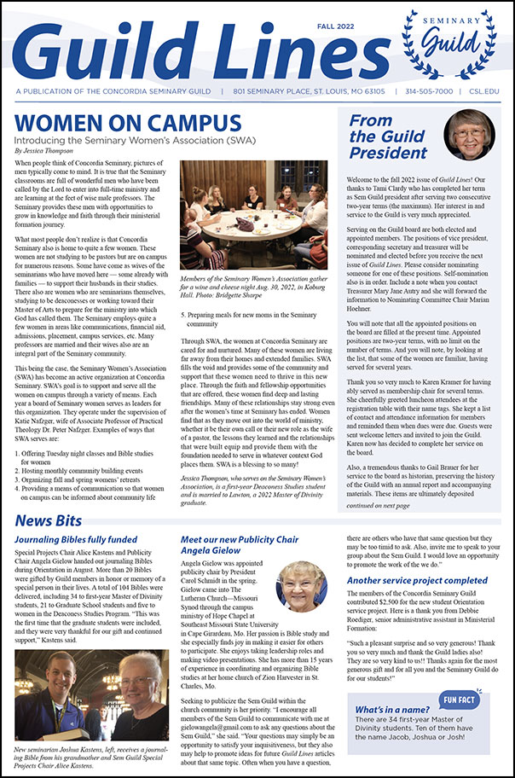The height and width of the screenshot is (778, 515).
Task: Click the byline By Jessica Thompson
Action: (55, 150)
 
